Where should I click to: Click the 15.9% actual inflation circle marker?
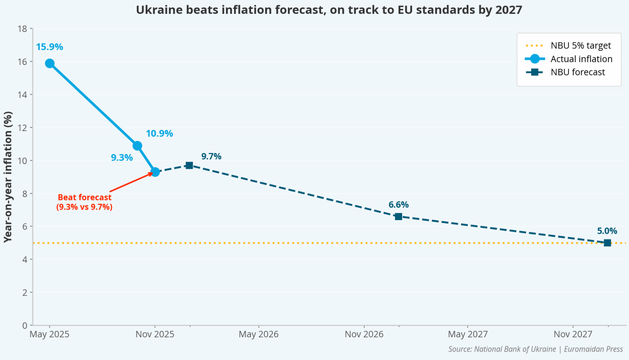click(50, 63)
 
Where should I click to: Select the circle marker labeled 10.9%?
click(137, 146)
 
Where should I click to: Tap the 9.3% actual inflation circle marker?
click(155, 172)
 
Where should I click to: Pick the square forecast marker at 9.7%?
click(189, 166)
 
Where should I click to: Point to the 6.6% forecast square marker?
click(398, 216)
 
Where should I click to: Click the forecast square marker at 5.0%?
click(607, 243)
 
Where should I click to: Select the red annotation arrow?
click(132, 182)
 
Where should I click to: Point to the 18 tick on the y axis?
click(23, 29)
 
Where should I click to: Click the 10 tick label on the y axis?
click(23, 161)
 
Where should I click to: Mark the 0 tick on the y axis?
click(25, 325)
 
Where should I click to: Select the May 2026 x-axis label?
click(258, 334)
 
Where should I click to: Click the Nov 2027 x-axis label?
click(573, 334)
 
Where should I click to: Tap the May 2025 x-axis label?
click(49, 334)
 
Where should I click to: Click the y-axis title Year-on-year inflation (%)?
click(8, 177)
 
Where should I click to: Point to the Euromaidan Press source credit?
click(593, 349)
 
